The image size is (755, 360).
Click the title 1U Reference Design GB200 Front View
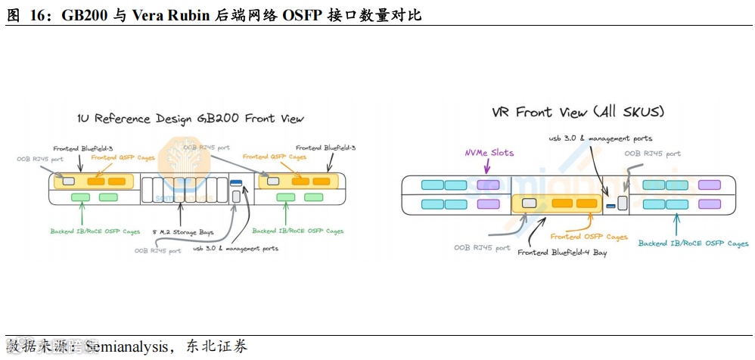point(191,119)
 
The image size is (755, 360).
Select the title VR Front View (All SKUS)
point(578,112)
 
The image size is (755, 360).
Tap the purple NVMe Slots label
point(489,153)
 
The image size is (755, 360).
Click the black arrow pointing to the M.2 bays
point(179,214)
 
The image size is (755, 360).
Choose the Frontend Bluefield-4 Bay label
point(562,253)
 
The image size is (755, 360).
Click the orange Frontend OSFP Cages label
point(589,237)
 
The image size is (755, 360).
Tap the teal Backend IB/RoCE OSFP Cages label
point(693,244)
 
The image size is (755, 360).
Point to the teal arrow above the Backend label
point(677,224)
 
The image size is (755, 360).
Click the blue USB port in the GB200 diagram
point(235,183)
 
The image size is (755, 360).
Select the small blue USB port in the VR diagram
point(610,205)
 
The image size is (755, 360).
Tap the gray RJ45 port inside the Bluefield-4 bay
point(530,203)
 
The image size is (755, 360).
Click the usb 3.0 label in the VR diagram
point(600,138)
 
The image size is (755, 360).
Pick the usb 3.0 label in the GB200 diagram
point(235,248)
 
